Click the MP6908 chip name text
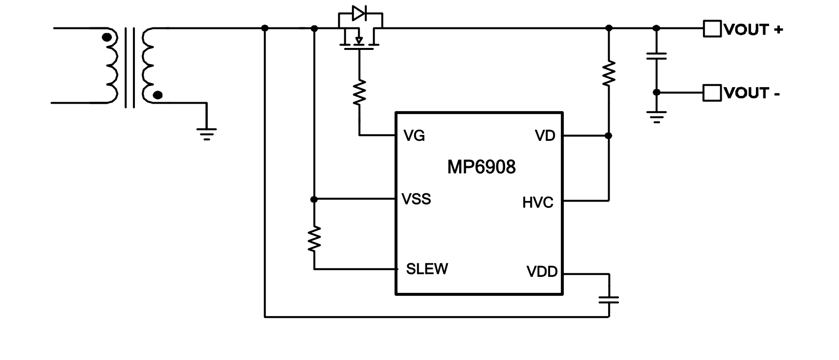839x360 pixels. (481, 167)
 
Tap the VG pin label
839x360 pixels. (414, 136)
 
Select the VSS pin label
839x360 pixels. (416, 199)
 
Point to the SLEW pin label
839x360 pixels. (427, 269)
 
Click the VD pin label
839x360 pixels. (545, 136)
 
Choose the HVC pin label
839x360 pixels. (538, 202)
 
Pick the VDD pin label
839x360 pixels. (542, 272)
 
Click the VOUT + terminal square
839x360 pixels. (712, 29)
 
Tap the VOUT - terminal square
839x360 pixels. (712, 92)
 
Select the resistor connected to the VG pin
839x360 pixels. (359, 92)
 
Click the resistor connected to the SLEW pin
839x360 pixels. (314, 239)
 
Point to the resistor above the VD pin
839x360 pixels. (609, 73)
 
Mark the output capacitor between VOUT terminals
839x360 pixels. (657, 56)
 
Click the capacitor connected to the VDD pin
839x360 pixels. (609, 299)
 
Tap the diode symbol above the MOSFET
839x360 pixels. (359, 13)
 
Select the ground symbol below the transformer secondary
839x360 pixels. (206, 133)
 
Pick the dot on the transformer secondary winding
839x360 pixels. (157, 95)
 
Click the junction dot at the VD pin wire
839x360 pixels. (609, 135)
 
